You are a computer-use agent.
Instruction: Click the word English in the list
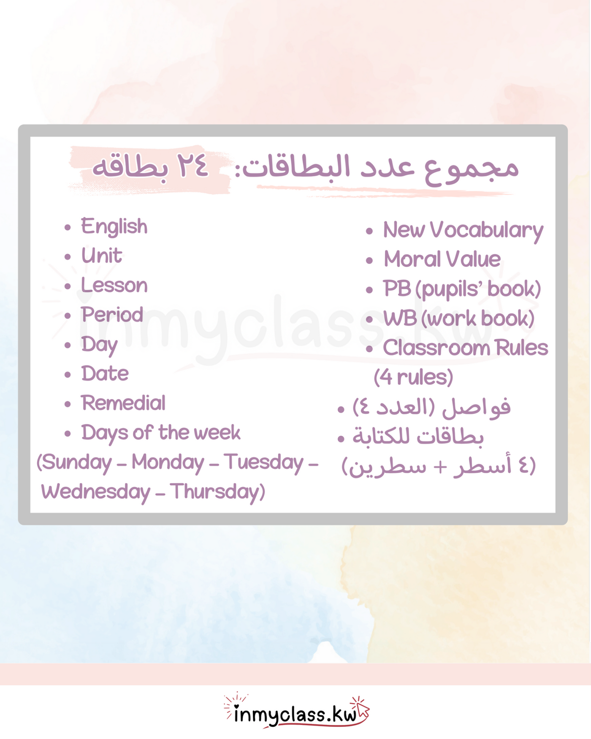click(x=114, y=227)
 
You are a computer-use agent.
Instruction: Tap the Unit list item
click(x=101, y=256)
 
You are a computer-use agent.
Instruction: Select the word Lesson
click(x=114, y=285)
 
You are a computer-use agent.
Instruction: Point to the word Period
click(x=112, y=315)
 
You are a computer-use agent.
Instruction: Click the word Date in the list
click(x=105, y=374)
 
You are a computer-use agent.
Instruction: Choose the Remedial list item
click(x=123, y=403)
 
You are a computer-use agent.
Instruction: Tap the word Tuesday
click(x=263, y=462)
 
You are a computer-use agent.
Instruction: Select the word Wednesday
click(x=95, y=492)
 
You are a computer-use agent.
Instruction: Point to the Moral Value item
click(x=442, y=259)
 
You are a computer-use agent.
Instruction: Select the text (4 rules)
click(x=413, y=378)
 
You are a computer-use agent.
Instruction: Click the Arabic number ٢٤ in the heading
click(x=192, y=166)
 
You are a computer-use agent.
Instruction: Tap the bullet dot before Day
click(x=68, y=345)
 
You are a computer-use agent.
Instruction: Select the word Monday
click(x=168, y=463)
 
